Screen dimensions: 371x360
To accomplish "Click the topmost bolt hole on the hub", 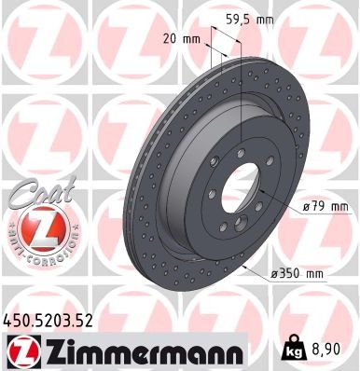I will (x=242, y=150).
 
